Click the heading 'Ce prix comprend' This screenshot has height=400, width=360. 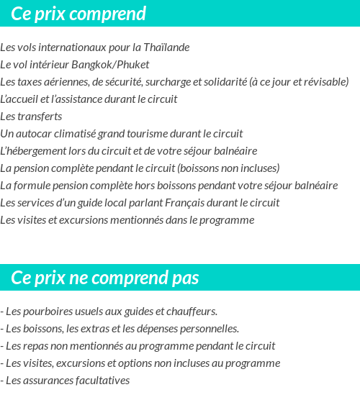pyautogui.click(x=78, y=14)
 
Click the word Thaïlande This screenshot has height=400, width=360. pyautogui.click(x=166, y=47)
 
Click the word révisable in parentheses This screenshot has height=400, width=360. pyautogui.click(x=323, y=82)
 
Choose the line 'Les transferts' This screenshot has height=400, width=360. pyautogui.click(x=31, y=117)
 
